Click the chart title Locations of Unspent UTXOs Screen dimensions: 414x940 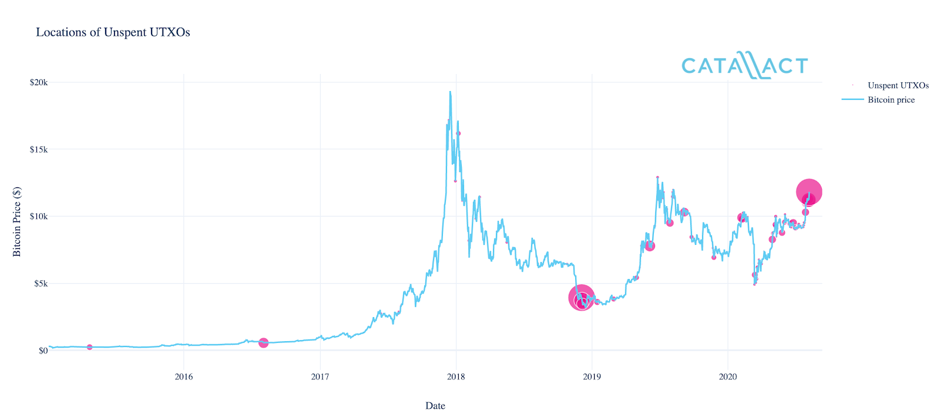point(113,32)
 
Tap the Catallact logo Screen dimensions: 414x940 point(744,65)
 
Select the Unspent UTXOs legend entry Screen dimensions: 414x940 point(898,86)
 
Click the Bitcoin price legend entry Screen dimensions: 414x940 point(891,100)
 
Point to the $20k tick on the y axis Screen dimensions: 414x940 point(39,82)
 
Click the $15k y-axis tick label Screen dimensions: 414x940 point(39,149)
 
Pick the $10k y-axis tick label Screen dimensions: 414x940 point(39,216)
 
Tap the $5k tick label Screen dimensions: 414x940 point(41,284)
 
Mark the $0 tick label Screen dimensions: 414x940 point(43,351)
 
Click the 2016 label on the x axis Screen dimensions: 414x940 point(184,376)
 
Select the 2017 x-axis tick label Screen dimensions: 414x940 point(320,376)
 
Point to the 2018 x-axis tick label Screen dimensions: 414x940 point(456,376)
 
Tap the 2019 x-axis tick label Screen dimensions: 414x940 point(592,376)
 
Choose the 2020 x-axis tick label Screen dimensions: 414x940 point(728,376)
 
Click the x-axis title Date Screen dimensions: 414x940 point(435,406)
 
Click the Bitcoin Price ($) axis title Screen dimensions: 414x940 point(17,221)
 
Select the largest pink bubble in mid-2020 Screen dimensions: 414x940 point(809,191)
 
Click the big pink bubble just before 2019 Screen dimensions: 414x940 point(581,298)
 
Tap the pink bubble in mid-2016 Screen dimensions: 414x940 point(263,342)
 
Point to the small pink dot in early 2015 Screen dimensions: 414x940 point(89,347)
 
